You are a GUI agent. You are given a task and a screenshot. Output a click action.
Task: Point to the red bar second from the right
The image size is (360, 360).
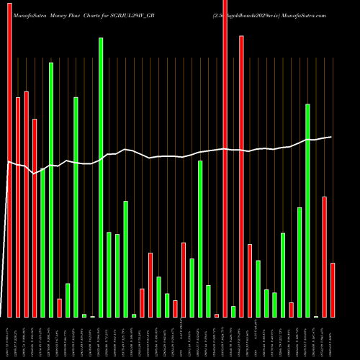click(325, 256)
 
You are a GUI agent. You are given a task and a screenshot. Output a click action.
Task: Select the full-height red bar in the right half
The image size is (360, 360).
click(225, 158)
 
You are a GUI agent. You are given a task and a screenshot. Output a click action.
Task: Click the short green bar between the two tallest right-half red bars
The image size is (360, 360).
click(233, 311)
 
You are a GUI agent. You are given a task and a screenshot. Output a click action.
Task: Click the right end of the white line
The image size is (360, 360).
click(331, 137)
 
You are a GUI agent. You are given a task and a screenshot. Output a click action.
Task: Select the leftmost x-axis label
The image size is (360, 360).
click(9, 337)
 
